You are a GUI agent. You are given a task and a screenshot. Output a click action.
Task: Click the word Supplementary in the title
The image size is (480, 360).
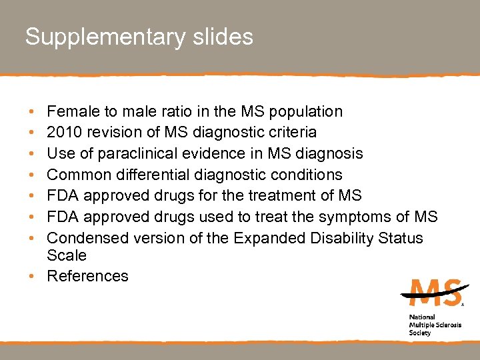click(x=103, y=37)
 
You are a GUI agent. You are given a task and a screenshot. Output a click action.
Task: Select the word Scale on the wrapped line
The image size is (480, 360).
click(x=67, y=255)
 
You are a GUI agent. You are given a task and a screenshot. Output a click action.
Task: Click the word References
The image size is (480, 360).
click(x=87, y=276)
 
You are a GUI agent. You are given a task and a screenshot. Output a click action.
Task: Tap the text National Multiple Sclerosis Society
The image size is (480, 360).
click(x=430, y=325)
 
